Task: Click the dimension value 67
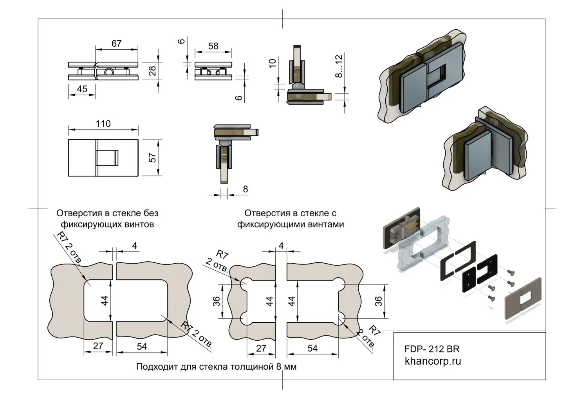pyautogui.click(x=116, y=43)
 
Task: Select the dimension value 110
pyautogui.click(x=103, y=124)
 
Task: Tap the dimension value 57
pyautogui.click(x=153, y=158)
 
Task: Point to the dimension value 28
pyautogui.click(x=152, y=71)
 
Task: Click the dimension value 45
pyautogui.click(x=82, y=89)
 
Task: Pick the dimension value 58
pyautogui.click(x=213, y=46)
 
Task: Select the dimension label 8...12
pyautogui.click(x=339, y=66)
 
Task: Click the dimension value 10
pyautogui.click(x=273, y=62)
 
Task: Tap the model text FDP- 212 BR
pyautogui.click(x=432, y=349)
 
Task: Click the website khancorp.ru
pyautogui.click(x=433, y=361)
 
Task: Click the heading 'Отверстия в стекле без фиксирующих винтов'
pyautogui.click(x=107, y=219)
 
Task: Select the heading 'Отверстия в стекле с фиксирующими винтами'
pyautogui.click(x=291, y=219)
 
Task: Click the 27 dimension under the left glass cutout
pyautogui.click(x=98, y=346)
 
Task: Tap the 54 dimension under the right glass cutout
pyautogui.click(x=312, y=348)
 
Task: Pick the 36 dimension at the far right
pyautogui.click(x=378, y=301)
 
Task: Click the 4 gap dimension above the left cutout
pyautogui.click(x=134, y=246)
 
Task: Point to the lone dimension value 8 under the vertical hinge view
pyautogui.click(x=245, y=189)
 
